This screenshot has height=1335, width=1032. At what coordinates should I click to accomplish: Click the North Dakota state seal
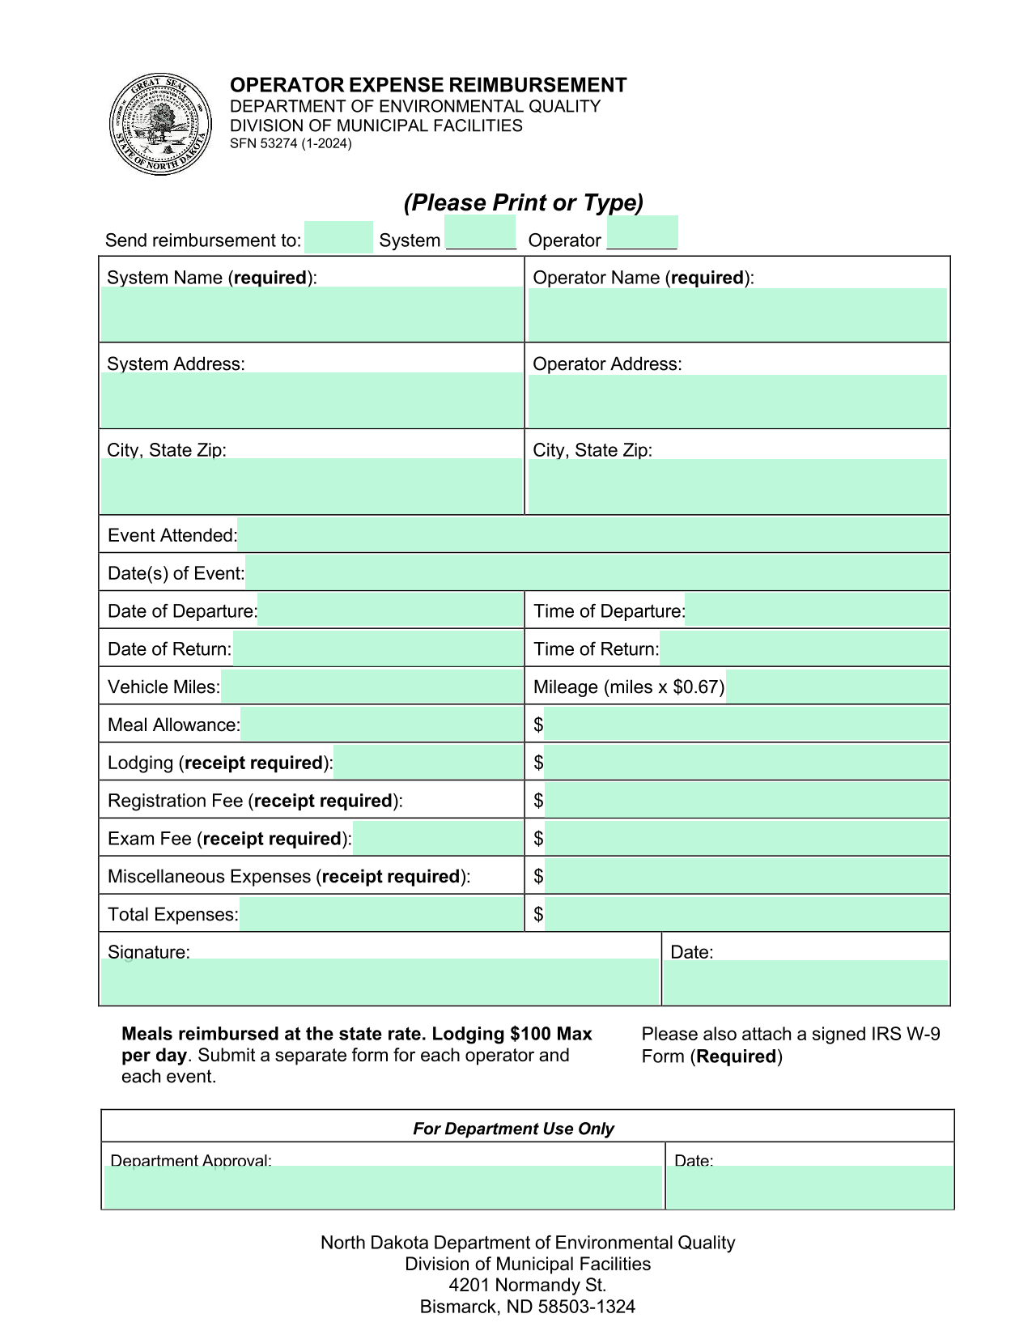tap(160, 125)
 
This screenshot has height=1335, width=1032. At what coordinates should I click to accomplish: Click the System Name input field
tap(312, 314)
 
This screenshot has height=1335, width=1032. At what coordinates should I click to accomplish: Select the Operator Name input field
tap(737, 314)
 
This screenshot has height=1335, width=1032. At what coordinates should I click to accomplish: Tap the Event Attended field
tap(592, 535)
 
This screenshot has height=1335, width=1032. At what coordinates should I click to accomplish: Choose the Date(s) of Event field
tap(597, 573)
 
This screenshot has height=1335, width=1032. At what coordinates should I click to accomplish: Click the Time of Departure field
tap(816, 610)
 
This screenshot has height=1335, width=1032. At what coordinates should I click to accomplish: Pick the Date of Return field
tap(377, 648)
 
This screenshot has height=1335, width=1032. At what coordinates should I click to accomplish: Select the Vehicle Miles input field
tap(372, 687)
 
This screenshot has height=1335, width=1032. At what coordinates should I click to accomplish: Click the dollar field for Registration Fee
tap(746, 800)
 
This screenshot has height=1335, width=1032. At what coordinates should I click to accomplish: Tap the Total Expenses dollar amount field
tap(746, 914)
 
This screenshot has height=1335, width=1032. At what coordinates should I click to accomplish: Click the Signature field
tap(380, 981)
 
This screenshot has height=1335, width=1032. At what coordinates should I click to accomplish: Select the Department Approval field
tap(383, 1187)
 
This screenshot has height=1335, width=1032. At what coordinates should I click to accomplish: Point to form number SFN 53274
tap(291, 144)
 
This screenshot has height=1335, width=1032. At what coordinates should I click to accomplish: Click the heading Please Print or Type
tap(524, 202)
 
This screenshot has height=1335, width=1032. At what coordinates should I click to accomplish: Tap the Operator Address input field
tap(737, 401)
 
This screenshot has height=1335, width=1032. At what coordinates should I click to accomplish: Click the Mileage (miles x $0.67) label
tap(629, 687)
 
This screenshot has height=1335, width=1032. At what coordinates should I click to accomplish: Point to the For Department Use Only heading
tap(513, 1129)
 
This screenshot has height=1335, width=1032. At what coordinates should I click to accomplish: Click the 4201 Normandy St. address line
tap(528, 1285)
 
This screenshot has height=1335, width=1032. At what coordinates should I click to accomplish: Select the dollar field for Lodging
tap(746, 762)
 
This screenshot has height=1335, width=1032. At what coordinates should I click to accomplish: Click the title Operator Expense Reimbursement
tap(428, 85)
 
